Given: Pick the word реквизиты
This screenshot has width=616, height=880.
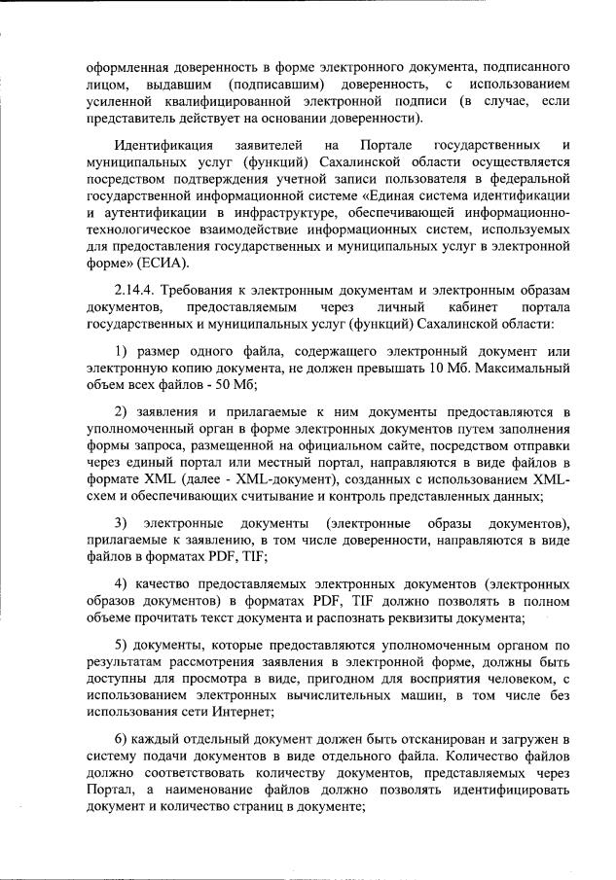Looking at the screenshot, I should (424, 616).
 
